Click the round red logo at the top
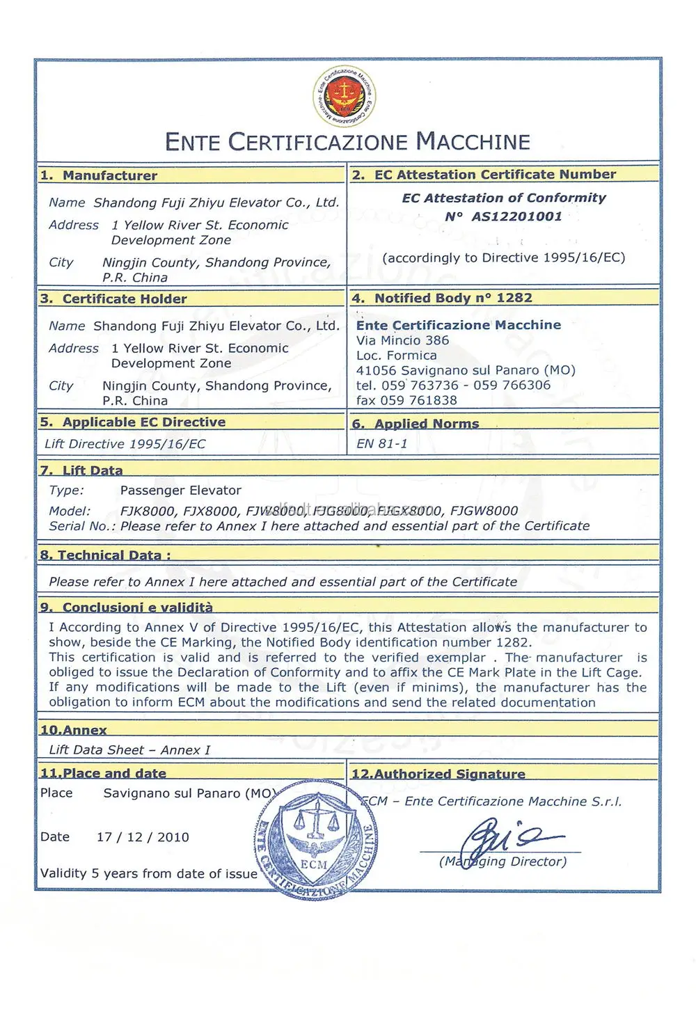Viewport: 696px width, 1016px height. point(344,97)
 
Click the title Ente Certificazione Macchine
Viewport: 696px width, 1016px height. point(347,142)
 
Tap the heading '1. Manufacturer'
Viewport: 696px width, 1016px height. point(99,175)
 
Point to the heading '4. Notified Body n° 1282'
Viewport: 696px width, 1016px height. point(442,298)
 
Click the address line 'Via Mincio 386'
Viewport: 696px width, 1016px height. point(402,340)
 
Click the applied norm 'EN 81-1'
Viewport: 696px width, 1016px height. point(381,443)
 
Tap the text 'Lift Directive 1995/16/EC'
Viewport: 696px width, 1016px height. point(125,443)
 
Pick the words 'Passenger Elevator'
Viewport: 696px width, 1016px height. point(180,490)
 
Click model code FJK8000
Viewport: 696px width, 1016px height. point(148,511)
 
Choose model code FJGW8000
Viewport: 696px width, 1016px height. point(484,511)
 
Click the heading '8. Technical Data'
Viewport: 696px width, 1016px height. point(105,555)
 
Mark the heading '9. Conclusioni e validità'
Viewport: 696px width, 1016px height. point(127,607)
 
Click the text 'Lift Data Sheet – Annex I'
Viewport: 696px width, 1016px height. point(129,749)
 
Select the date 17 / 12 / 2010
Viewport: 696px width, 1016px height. point(143,836)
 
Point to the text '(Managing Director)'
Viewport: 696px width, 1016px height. point(503,862)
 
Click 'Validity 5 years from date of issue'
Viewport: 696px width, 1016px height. point(148,873)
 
